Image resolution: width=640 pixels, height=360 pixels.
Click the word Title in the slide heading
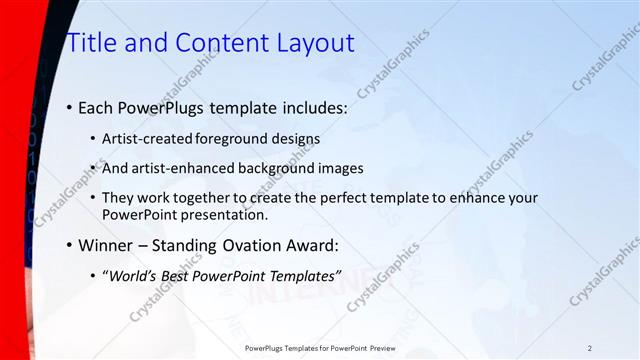(91, 43)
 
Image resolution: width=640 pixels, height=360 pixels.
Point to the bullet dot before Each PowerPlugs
(69, 107)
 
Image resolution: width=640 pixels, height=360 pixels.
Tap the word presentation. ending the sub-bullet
(229, 214)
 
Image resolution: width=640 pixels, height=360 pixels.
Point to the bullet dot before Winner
(69, 245)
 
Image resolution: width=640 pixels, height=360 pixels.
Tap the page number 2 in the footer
(590, 348)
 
